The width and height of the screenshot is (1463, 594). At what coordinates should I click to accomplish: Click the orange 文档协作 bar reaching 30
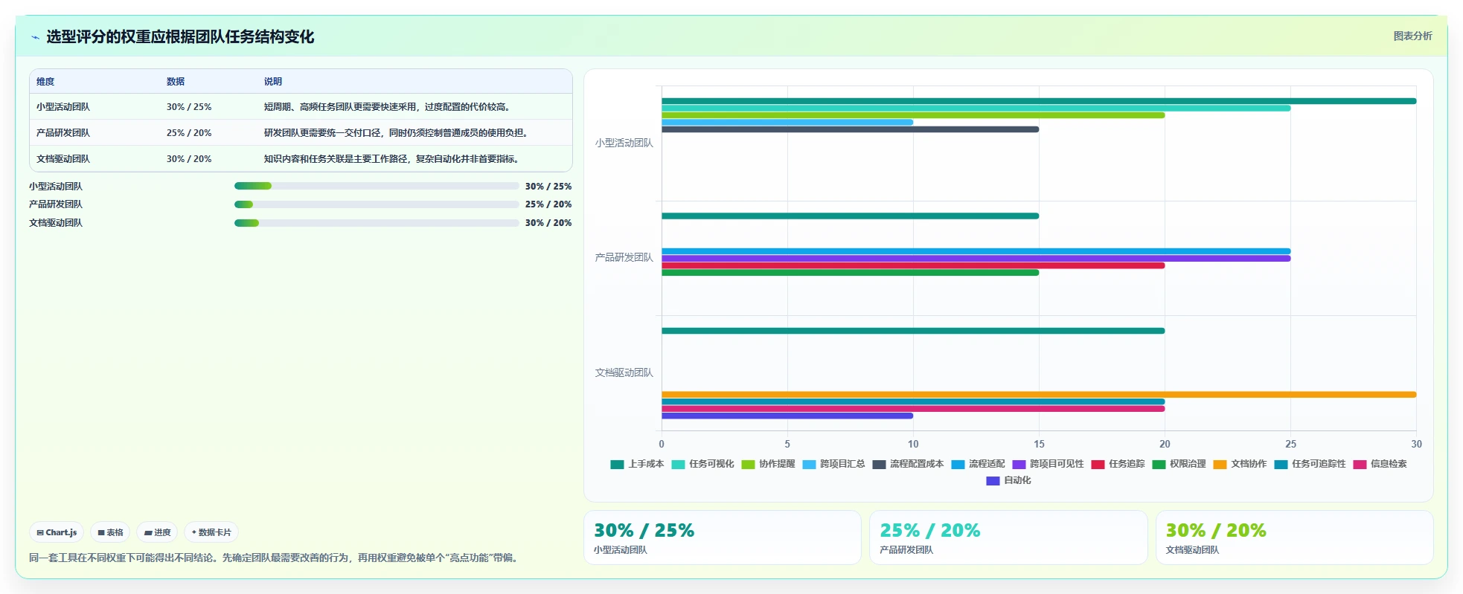(x=1039, y=395)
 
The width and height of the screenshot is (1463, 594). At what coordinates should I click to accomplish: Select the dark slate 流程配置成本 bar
(x=850, y=129)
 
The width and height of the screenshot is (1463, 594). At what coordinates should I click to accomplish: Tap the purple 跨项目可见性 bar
(x=976, y=259)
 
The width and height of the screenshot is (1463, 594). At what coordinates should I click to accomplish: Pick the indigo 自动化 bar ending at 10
(x=787, y=416)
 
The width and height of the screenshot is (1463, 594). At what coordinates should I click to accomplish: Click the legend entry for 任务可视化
(x=702, y=464)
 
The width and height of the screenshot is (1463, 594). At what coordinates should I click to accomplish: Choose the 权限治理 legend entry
(x=1179, y=464)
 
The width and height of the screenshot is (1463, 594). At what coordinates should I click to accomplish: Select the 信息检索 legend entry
(x=1380, y=464)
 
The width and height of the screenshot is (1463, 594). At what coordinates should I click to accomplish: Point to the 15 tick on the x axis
(x=1039, y=444)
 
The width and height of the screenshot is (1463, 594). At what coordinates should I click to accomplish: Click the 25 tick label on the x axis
(x=1290, y=444)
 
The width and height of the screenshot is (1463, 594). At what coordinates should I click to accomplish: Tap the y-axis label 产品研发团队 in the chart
(x=624, y=257)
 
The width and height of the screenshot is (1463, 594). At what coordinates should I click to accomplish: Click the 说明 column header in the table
(x=273, y=82)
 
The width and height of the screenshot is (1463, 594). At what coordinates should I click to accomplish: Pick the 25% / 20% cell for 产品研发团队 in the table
(x=189, y=133)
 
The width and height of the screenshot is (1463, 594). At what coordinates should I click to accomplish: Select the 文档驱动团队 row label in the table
(x=63, y=159)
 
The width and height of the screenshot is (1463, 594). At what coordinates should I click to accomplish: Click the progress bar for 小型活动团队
(x=377, y=186)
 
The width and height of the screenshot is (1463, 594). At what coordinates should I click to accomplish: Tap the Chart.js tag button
(x=57, y=532)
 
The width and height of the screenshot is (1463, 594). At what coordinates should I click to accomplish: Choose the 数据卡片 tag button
(x=211, y=532)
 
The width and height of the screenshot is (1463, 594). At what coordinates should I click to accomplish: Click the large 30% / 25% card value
(x=644, y=530)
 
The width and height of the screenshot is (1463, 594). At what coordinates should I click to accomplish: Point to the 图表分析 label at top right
(x=1412, y=36)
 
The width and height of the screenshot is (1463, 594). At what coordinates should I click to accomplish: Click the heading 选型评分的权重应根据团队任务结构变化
(x=180, y=36)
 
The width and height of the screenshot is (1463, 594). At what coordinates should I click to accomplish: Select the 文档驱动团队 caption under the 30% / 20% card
(x=1192, y=550)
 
